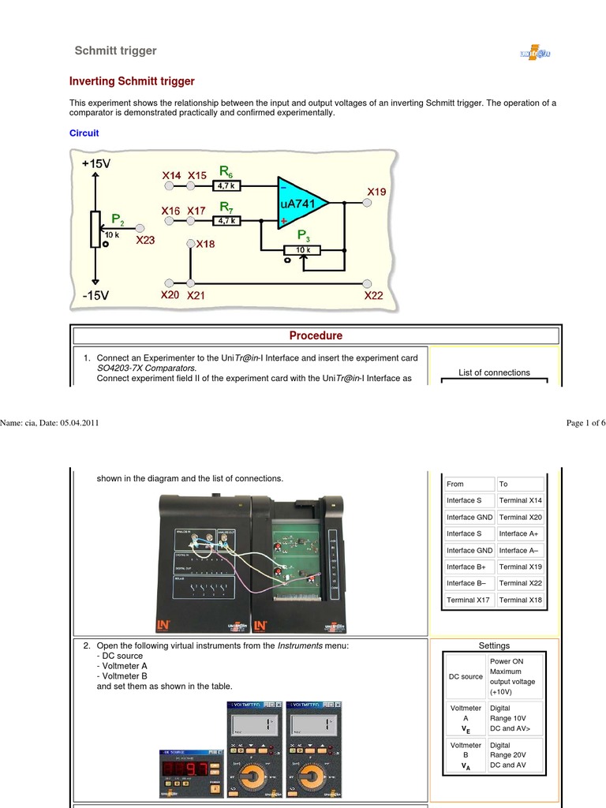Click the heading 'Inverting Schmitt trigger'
(132, 81)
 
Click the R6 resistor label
(226, 170)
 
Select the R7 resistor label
(226, 208)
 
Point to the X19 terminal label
(376, 192)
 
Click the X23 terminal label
(146, 240)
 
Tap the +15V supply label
(97, 163)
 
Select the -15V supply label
(97, 295)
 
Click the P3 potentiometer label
(304, 235)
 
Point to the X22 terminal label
(373, 295)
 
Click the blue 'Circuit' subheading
(84, 133)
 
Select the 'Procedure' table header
(316, 335)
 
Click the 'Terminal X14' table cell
(520, 500)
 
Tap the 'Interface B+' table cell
(469, 567)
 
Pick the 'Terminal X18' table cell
(520, 600)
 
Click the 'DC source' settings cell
(466, 676)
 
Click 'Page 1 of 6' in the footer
(585, 423)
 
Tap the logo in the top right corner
(534, 53)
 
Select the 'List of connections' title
(494, 372)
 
